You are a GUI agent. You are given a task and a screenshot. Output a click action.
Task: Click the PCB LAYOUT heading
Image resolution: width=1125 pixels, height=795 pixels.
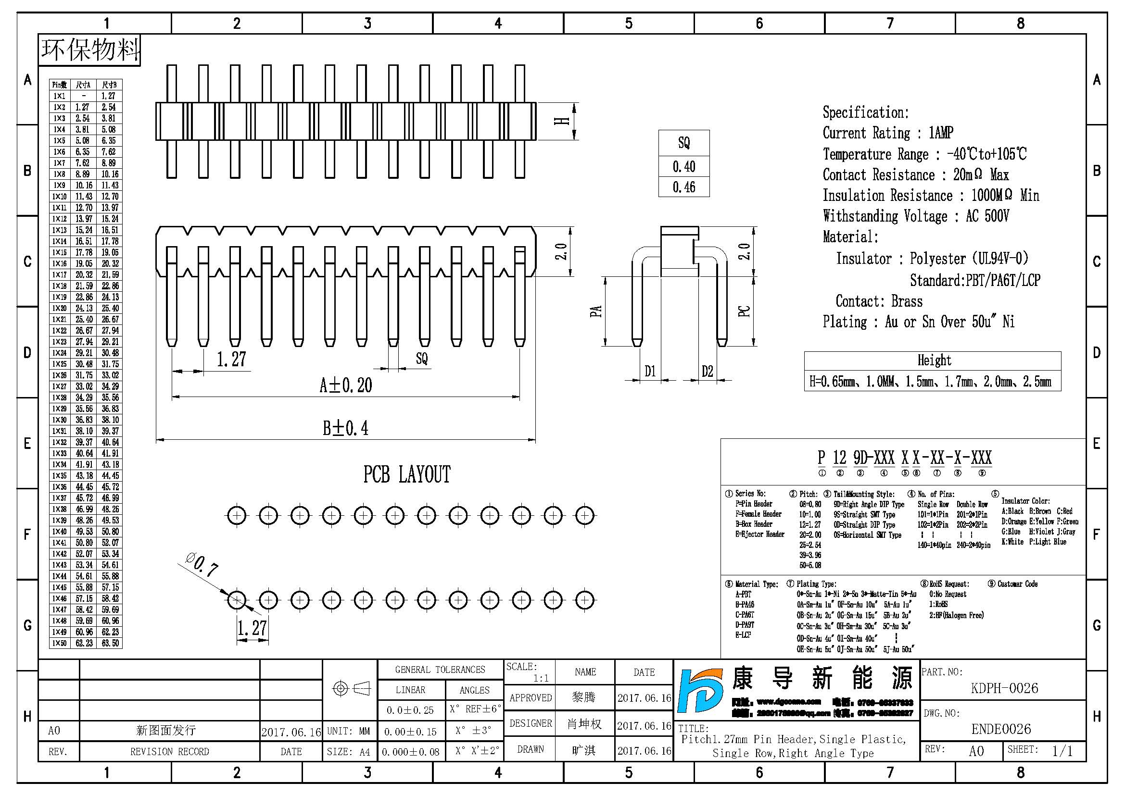[x=407, y=474]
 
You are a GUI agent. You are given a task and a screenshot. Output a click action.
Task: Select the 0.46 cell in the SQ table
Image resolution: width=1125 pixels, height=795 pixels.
[x=683, y=187]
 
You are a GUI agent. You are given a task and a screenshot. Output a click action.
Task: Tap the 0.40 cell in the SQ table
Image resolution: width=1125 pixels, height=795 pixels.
[x=683, y=166]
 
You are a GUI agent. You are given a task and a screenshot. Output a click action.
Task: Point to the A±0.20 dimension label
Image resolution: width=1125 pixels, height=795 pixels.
[x=345, y=385]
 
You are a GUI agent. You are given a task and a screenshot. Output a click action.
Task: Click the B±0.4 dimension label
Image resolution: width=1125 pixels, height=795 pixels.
[x=345, y=428]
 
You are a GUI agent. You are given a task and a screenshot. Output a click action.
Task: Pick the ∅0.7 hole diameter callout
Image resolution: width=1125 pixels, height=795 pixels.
[x=202, y=565]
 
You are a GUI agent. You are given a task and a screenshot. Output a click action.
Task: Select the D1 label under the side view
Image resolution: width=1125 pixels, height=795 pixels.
[x=650, y=371]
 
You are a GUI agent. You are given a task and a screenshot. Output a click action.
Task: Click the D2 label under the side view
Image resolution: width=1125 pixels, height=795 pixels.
[x=707, y=371]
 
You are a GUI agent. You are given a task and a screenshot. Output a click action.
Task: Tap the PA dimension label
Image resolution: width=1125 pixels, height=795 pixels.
[x=596, y=311]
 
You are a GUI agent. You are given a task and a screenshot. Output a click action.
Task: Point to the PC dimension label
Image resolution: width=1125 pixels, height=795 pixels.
[x=744, y=311]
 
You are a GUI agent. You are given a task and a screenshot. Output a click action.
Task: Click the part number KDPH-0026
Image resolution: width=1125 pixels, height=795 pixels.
[x=1004, y=688]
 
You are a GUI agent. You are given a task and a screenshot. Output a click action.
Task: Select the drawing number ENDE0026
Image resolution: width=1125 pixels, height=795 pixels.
[x=1001, y=729]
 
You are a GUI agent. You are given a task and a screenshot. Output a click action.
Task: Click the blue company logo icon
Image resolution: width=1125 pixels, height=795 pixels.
[x=701, y=690]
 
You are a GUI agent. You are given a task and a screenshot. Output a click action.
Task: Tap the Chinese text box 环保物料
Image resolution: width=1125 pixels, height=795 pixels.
[x=89, y=50]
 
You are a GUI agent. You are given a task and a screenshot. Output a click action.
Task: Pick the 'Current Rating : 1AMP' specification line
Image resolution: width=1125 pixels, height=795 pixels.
[x=887, y=133]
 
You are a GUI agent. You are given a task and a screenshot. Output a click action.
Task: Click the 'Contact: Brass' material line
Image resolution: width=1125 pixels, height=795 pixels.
[x=879, y=301]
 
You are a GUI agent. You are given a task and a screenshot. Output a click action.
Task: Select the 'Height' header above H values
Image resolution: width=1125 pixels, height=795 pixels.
[x=934, y=361]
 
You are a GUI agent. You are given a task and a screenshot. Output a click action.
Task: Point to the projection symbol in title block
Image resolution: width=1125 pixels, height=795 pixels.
[x=351, y=689]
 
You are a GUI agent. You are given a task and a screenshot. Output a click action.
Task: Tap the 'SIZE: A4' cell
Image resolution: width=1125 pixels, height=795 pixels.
[x=348, y=752]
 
